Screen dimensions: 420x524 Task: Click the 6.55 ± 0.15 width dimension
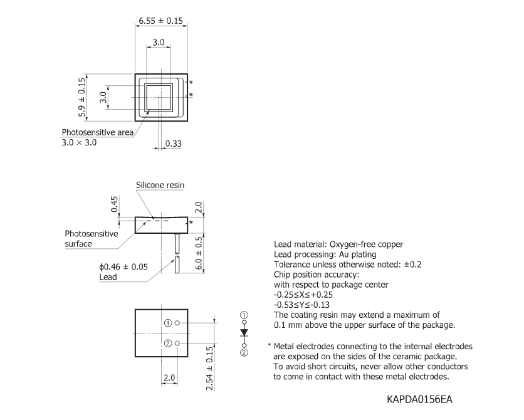pos(160,21)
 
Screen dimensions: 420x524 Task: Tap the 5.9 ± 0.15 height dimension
pos(81,99)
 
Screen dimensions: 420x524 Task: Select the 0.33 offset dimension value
pos(174,144)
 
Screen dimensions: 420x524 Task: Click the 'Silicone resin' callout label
pos(160,185)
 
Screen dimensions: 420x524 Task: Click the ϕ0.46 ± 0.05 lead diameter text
pos(123,266)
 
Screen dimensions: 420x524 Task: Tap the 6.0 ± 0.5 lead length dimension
pos(199,253)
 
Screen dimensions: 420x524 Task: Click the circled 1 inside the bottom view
pos(168,323)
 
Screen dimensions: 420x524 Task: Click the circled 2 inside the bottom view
pos(168,344)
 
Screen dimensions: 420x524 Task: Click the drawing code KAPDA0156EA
pos(420,399)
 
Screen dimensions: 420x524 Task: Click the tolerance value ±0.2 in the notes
pos(412,265)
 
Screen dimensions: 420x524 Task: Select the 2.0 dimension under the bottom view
pos(169,379)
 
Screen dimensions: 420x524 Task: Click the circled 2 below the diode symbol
pos(244,353)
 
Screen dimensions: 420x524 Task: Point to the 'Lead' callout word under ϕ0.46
pos(108,276)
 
